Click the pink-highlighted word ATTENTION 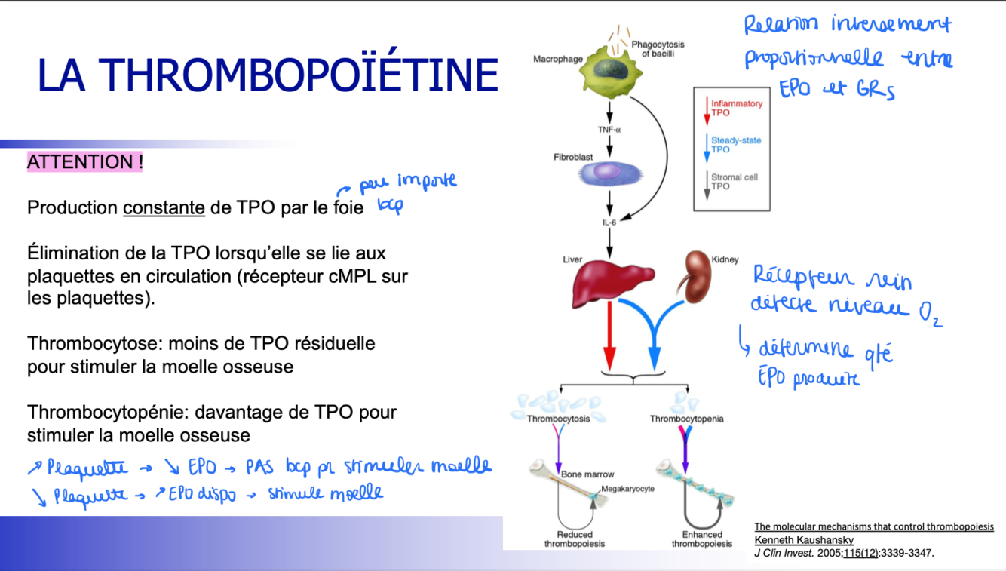point(84,162)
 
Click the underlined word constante point(164,207)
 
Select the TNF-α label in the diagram point(609,130)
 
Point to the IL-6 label point(609,223)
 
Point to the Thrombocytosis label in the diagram point(558,419)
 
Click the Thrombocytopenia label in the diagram point(686,419)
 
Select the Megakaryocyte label point(628,489)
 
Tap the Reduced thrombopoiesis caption point(575,539)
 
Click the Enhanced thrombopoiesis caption point(701,539)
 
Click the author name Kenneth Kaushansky point(804,540)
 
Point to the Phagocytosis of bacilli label point(658,49)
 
